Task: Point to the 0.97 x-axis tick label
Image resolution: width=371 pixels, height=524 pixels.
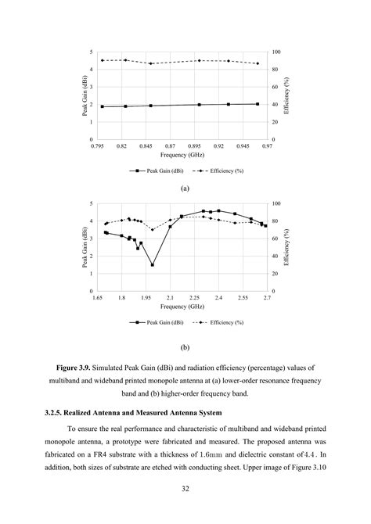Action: (x=267, y=146)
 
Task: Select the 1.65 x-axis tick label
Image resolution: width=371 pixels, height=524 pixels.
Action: (x=98, y=298)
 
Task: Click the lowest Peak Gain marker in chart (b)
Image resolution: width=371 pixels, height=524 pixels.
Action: (x=153, y=264)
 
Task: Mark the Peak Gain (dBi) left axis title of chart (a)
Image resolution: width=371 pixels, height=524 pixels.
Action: (x=84, y=95)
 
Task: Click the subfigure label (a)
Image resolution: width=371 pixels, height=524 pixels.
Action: (x=185, y=188)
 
